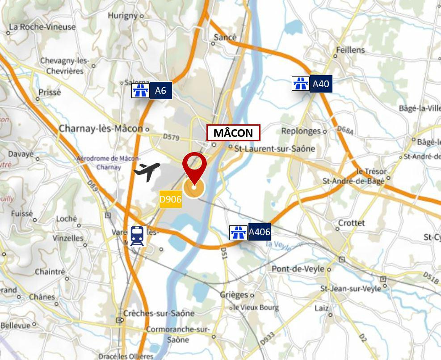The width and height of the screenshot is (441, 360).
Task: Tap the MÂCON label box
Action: click(x=233, y=133)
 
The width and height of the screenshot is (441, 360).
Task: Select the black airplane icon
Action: click(x=147, y=171)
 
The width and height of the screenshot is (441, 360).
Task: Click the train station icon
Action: click(x=138, y=236)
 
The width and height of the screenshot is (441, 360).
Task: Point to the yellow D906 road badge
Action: click(x=171, y=199)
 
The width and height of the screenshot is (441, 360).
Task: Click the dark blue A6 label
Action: click(x=160, y=91)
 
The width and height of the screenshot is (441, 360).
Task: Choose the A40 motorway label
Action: click(x=321, y=84)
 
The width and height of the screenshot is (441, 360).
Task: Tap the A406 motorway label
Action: click(x=260, y=232)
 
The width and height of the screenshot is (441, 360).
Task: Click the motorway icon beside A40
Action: click(x=300, y=84)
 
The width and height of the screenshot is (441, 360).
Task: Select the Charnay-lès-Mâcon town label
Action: click(x=101, y=129)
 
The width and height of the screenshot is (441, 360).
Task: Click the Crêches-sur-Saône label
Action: click(x=159, y=313)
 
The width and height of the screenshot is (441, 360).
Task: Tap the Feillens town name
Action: click(x=350, y=50)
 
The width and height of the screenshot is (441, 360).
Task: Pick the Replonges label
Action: click(x=301, y=131)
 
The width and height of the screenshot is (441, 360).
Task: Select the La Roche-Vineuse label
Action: click(x=42, y=27)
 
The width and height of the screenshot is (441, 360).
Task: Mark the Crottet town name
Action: click(x=352, y=223)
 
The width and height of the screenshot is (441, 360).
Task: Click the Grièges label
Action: click(x=234, y=295)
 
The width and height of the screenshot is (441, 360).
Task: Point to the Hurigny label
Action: click(x=122, y=15)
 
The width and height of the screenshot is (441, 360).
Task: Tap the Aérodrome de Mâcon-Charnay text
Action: click(x=109, y=163)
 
